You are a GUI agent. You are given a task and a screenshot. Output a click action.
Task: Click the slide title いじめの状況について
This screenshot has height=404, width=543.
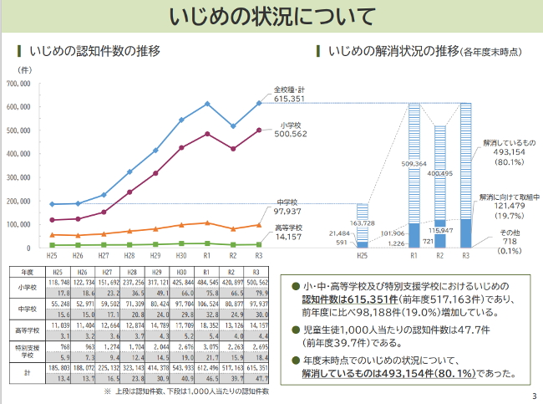(271, 18)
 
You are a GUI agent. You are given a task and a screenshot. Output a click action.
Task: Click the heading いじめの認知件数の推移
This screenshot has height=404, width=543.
(94, 51)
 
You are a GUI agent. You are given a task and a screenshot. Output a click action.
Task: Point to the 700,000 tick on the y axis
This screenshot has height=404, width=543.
(18, 84)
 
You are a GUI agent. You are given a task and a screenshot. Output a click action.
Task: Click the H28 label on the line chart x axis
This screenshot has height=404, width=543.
(129, 256)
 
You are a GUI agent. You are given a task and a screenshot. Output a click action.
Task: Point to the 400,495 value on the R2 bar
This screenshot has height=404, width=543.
(440, 173)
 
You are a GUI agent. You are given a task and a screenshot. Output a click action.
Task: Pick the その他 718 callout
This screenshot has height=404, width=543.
(510, 240)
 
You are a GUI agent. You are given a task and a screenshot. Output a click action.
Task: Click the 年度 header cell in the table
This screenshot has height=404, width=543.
(28, 273)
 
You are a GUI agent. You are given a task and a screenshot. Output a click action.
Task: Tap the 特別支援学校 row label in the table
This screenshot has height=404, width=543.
(28, 350)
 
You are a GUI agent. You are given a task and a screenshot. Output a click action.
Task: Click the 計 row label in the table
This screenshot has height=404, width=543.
(28, 374)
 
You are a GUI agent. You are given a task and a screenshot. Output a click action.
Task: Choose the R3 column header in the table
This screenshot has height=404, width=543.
(259, 273)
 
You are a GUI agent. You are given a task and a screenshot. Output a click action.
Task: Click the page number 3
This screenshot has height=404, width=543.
(532, 396)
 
